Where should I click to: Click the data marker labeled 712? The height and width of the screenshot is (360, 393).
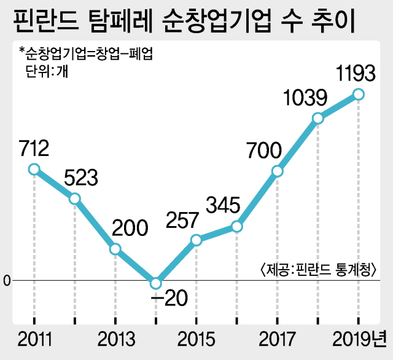tap(34, 169)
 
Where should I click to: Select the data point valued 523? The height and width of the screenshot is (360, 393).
tap(74, 199)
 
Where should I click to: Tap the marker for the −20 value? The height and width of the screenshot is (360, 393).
tap(155, 283)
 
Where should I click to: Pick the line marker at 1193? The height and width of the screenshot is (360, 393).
tap(359, 94)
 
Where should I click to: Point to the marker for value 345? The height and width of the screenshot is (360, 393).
tap(236, 227)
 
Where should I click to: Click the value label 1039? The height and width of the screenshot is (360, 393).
tap(305, 97)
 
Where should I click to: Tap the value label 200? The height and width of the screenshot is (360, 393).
tap(130, 228)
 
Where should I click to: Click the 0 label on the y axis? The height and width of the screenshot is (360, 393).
tap(7, 281)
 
